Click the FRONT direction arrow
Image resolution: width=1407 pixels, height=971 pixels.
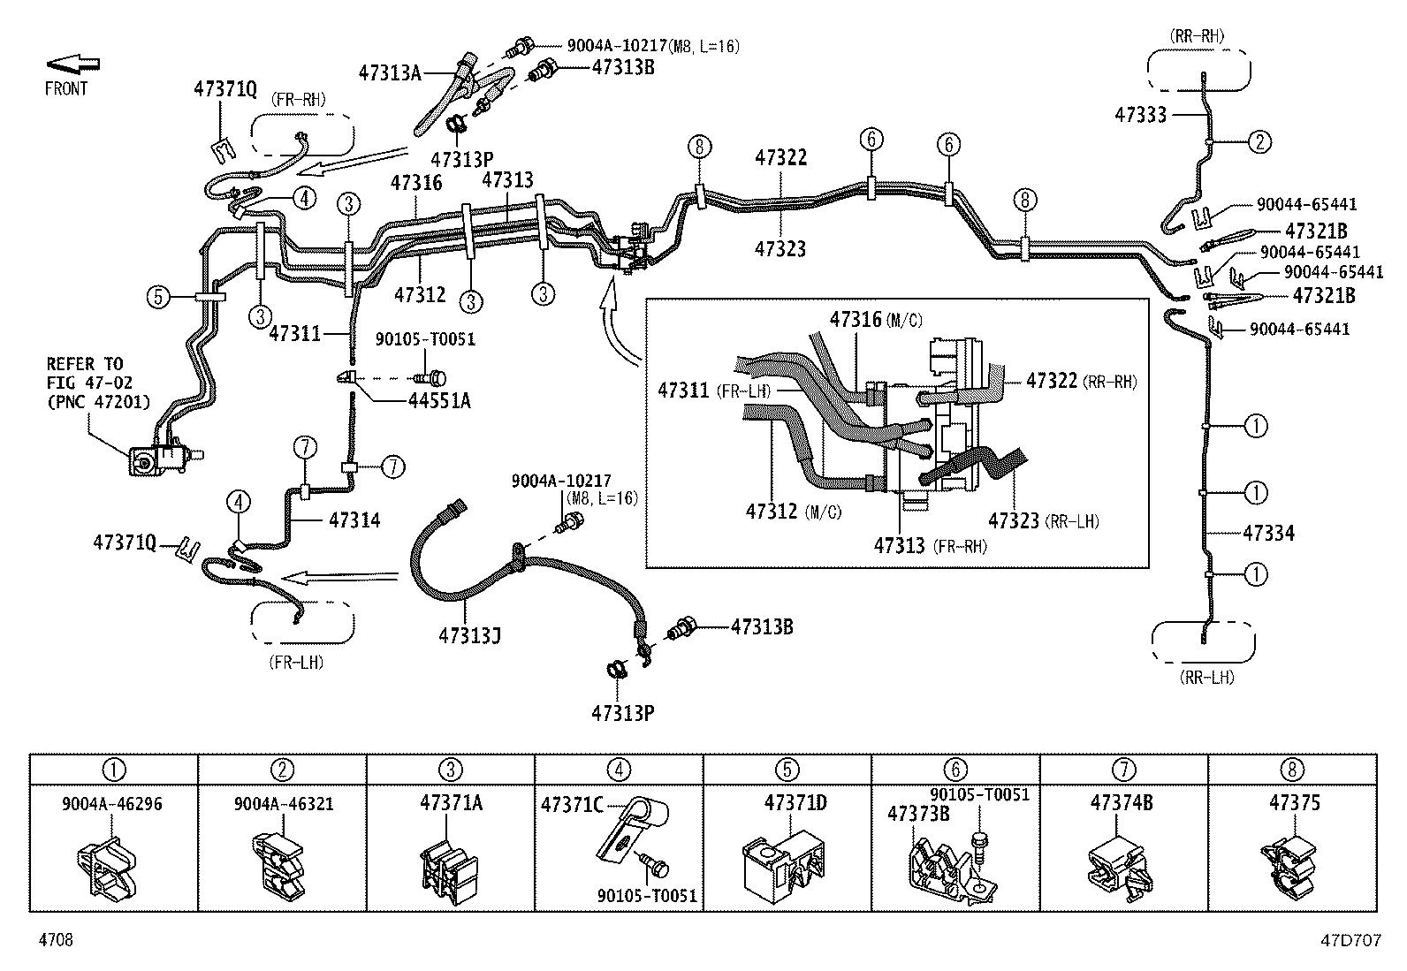[72, 64]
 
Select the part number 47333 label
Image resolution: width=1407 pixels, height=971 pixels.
[1140, 115]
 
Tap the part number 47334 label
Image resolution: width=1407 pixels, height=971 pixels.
[1268, 533]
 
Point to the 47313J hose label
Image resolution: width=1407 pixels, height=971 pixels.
[469, 634]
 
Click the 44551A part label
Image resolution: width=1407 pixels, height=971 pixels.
[439, 400]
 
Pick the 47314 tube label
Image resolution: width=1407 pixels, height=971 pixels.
[354, 520]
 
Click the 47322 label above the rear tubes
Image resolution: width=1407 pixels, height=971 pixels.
[780, 157]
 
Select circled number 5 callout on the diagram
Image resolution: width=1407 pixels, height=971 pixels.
[157, 297]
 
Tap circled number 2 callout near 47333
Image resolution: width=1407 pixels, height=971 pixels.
[1259, 141]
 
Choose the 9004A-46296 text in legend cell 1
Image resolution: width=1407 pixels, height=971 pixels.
[112, 804]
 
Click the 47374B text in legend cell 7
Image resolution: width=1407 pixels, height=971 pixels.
[1122, 803]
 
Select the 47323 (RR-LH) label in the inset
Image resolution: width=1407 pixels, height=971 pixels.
[1043, 521]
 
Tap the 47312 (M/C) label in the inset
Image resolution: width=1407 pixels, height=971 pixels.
[793, 512]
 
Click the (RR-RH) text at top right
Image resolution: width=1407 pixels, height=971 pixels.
[1198, 36]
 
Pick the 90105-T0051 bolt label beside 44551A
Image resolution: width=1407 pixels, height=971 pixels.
[425, 339]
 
